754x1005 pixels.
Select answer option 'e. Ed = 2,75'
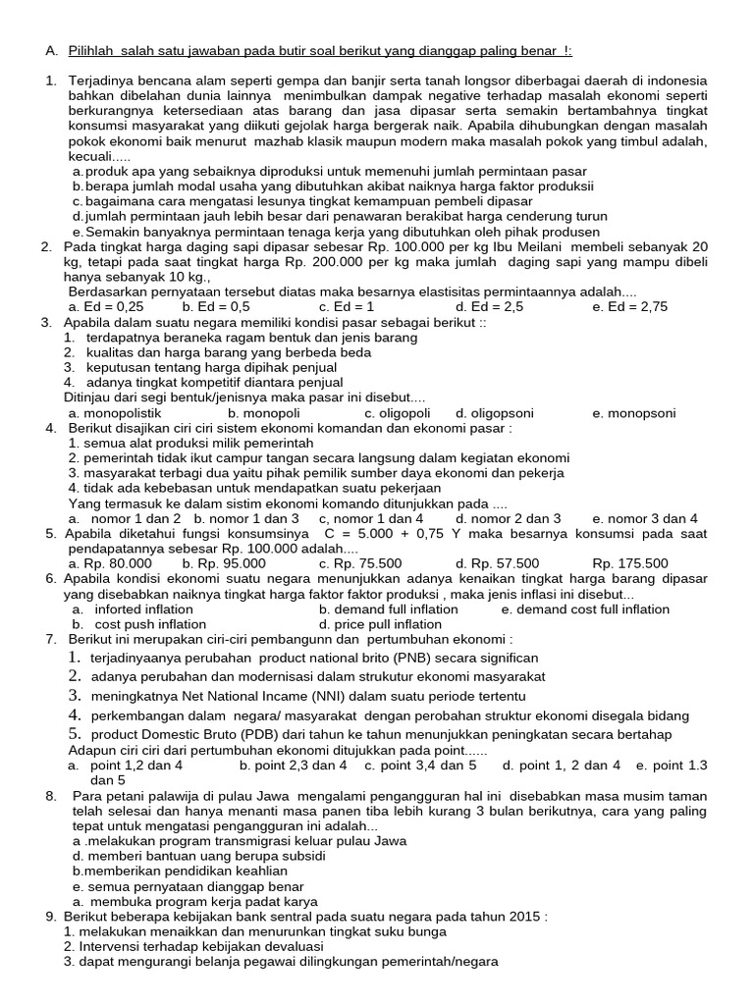tap(630, 307)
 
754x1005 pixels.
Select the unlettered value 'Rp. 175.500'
tap(630, 563)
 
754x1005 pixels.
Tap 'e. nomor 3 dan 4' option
tap(645, 518)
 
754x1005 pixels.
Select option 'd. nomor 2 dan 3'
tap(508, 518)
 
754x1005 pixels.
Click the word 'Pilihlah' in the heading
tap(96, 51)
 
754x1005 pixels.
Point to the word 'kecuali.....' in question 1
tap(99, 157)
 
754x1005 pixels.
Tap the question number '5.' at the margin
tap(50, 534)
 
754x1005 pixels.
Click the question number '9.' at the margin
tap(51, 916)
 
